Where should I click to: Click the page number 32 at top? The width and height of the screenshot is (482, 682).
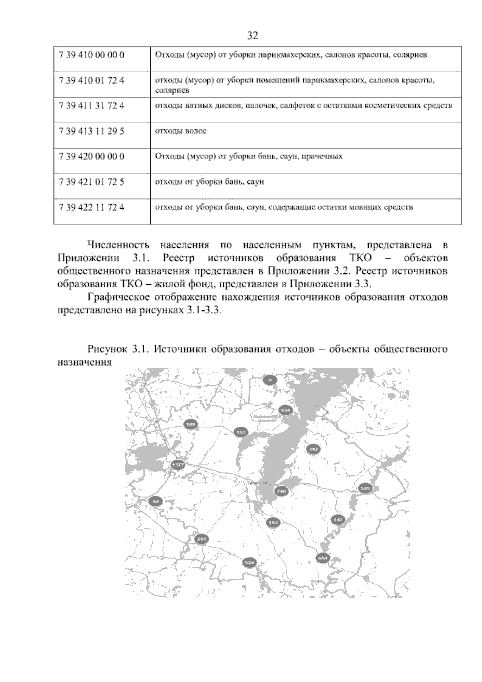[252, 36]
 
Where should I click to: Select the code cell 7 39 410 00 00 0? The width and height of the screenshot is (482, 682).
[92, 55]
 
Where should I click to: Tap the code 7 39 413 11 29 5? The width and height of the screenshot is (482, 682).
[92, 131]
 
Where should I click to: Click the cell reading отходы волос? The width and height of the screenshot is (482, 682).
[181, 131]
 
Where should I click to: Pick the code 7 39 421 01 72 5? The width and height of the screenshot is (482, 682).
[92, 182]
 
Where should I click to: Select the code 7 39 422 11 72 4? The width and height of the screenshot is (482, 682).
[92, 208]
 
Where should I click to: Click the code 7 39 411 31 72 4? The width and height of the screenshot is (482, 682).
[92, 106]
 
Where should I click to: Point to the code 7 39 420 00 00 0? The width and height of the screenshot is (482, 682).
[92, 157]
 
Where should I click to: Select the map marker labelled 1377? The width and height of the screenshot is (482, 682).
[178, 465]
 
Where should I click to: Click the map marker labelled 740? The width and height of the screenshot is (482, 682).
[281, 491]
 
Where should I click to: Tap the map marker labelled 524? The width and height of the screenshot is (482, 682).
[249, 563]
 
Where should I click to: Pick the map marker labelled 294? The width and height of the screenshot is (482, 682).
[202, 539]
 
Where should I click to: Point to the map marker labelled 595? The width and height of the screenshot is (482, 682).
[365, 488]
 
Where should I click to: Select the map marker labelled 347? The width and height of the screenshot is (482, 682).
[313, 449]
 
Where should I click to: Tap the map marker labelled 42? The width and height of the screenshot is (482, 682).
[155, 501]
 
